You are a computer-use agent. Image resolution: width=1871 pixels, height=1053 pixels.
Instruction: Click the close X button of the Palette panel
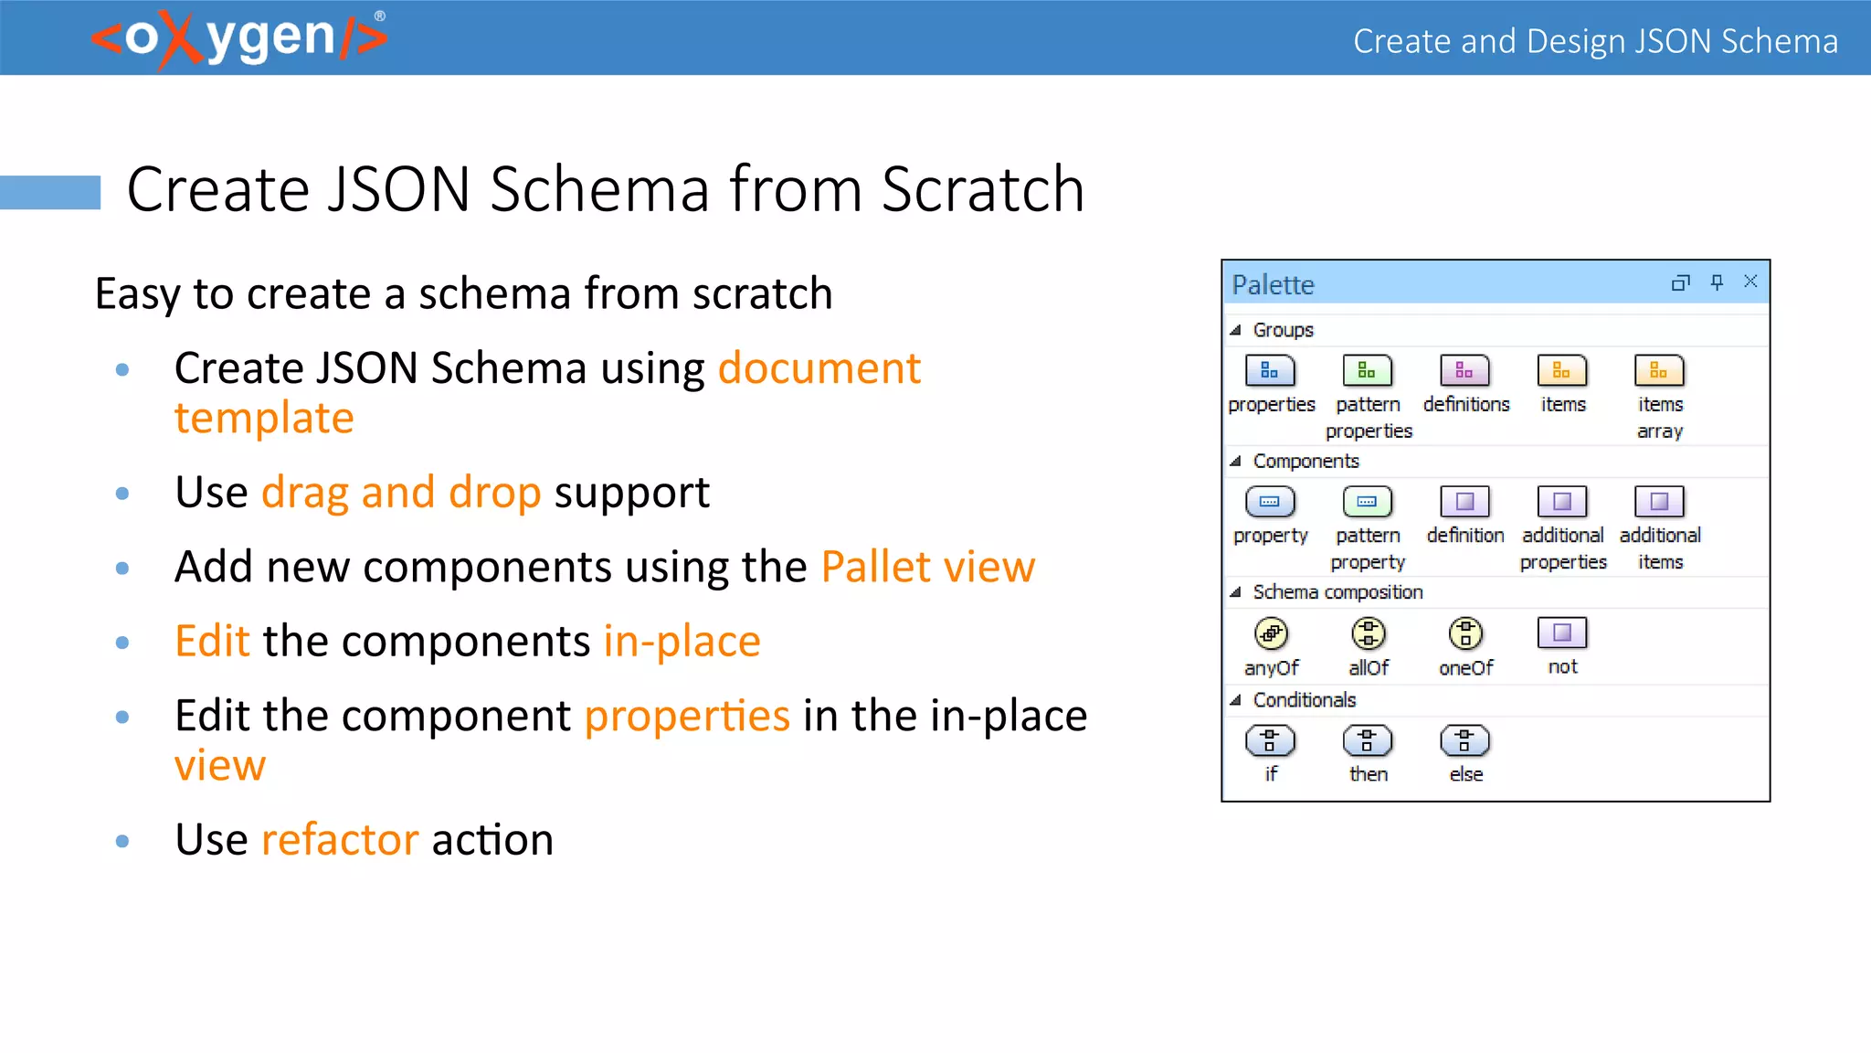1750,282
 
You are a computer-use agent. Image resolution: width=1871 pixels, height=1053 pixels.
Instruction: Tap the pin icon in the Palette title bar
1717,282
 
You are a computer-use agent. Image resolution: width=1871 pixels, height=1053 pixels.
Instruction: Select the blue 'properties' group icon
1270,371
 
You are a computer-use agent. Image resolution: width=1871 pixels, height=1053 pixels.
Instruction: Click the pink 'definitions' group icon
1464,371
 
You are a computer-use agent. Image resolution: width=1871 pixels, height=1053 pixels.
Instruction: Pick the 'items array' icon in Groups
1659,371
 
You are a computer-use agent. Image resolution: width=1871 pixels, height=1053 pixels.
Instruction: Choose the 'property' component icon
1270,502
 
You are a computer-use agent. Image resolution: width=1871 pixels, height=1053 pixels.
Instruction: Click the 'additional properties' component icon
1562,502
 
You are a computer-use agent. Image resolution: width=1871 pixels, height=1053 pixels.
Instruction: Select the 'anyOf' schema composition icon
1271,633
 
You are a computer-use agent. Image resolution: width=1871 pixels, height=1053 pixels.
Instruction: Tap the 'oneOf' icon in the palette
1465,633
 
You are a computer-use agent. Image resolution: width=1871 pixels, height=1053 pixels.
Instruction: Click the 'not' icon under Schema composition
1562,633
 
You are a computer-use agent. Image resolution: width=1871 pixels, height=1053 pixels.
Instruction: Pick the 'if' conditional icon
1270,740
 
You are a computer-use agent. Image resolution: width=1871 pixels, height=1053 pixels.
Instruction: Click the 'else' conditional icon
1464,740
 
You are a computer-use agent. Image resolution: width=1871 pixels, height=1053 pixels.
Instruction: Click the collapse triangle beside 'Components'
1235,462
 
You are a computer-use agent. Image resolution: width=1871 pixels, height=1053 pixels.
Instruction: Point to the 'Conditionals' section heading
1304,700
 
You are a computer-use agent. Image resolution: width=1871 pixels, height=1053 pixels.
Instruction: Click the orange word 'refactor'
340,839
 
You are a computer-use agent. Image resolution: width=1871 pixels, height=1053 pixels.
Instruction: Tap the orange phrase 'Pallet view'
927,567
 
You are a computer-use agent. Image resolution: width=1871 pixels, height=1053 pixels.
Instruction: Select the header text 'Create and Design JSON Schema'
1595,41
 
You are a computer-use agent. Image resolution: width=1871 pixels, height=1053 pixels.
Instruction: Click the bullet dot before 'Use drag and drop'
122,494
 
